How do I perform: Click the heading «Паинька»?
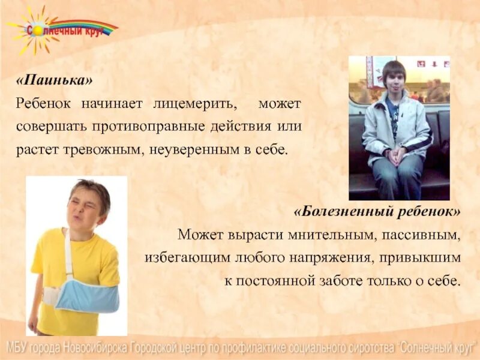click(x=55, y=80)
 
